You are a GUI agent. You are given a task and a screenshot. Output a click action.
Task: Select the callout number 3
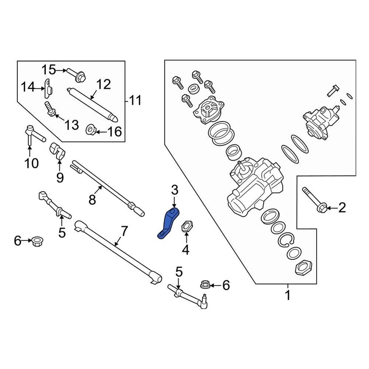175,190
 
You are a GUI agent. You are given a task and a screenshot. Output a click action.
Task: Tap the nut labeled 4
186,226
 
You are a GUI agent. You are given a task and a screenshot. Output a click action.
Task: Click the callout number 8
92,199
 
